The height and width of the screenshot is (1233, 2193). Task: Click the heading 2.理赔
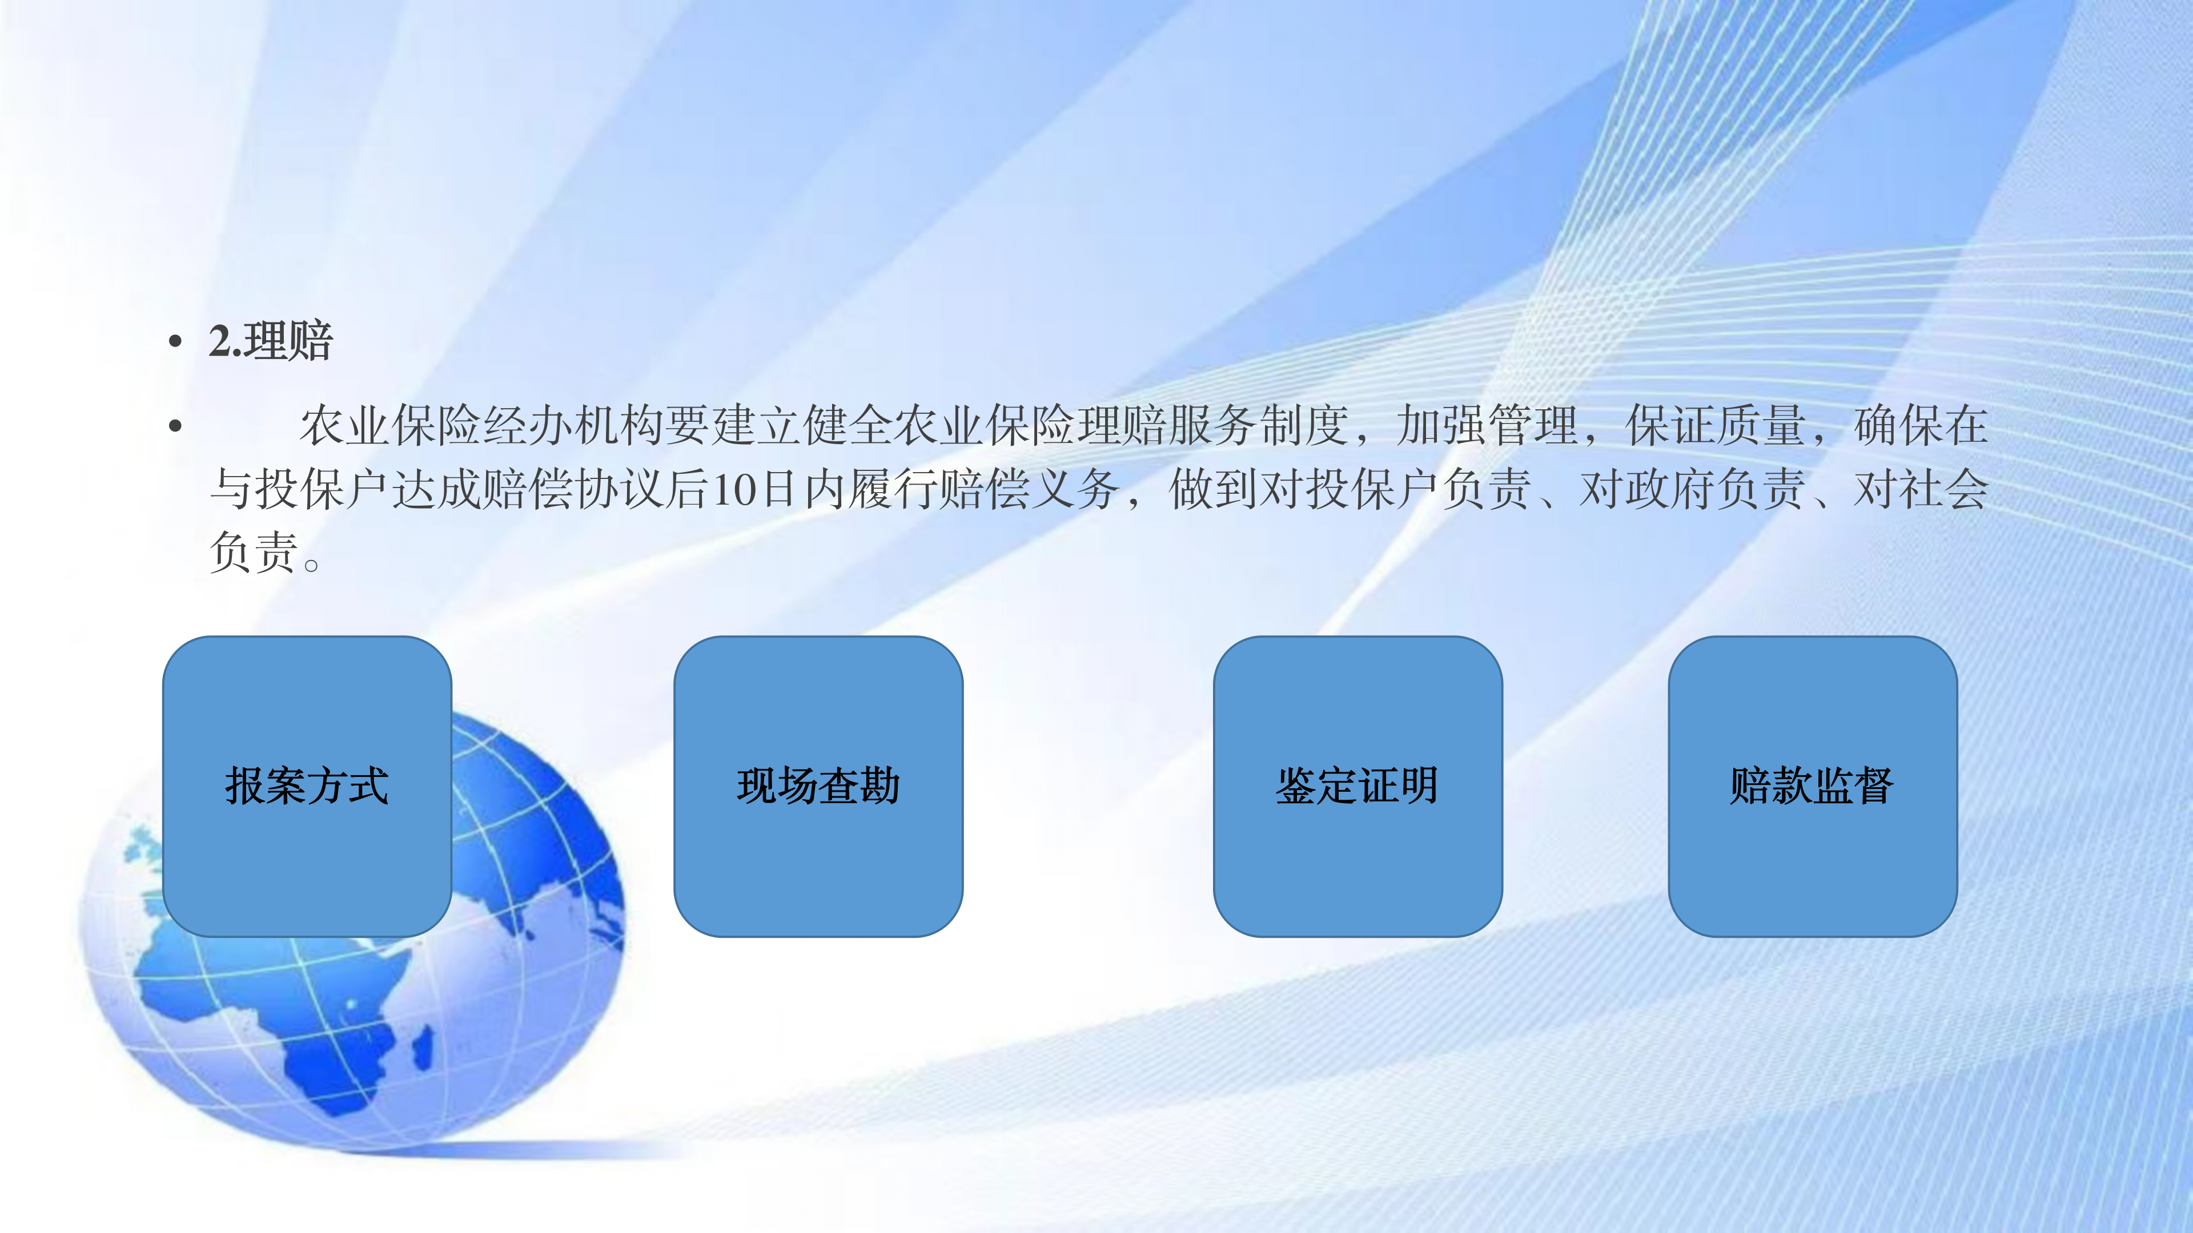(271, 341)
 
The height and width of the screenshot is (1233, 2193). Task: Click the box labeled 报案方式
(307, 786)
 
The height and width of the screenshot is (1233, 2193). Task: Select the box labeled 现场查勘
(818, 786)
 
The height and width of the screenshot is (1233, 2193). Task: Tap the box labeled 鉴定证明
(1358, 786)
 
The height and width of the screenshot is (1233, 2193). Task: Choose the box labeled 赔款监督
(1813, 786)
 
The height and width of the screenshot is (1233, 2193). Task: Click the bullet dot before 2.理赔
(175, 342)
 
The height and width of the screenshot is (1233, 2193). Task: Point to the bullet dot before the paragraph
(175, 425)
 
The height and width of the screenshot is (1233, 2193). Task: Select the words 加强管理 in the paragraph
(1487, 425)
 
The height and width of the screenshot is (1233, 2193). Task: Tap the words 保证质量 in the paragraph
(1716, 425)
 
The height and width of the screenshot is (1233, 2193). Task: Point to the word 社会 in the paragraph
(1943, 489)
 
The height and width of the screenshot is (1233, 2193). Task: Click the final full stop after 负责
(312, 564)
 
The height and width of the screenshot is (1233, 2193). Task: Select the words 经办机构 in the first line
(573, 425)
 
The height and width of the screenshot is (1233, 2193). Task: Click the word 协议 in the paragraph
(619, 489)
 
